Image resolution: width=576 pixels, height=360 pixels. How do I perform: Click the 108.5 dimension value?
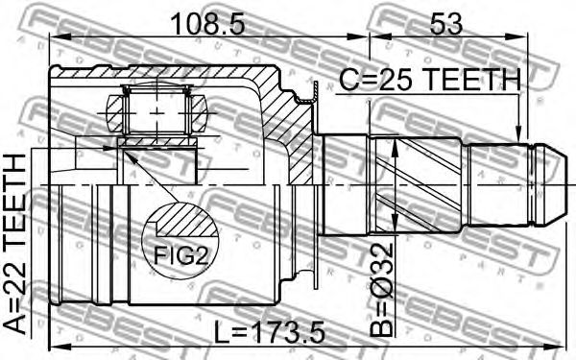click(x=207, y=23)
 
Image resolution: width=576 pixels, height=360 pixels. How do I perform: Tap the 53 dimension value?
click(x=446, y=23)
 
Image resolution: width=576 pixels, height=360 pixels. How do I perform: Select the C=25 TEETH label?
click(x=429, y=80)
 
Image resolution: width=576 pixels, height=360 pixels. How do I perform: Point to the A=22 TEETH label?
click(x=15, y=244)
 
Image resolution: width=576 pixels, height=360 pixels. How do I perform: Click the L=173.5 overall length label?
click(x=270, y=332)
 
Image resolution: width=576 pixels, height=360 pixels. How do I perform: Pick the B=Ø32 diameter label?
click(x=382, y=290)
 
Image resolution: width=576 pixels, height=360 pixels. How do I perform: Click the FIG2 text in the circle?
click(x=180, y=255)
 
